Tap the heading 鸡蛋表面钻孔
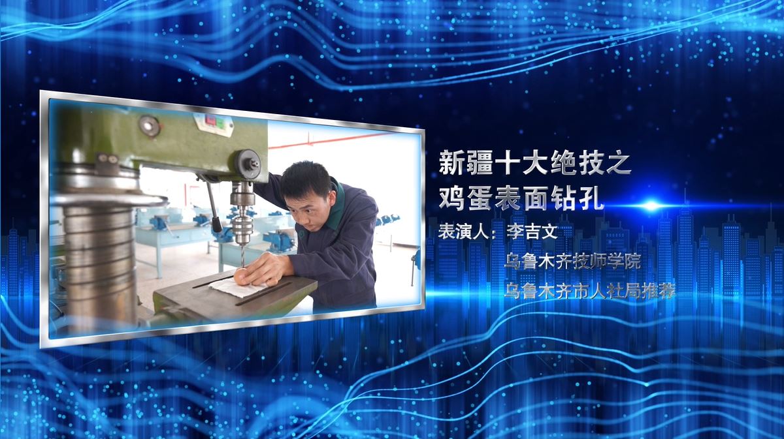tap(521, 198)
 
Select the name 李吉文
tap(532, 232)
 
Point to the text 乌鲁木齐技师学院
tap(572, 262)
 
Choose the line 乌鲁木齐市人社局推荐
tap(589, 291)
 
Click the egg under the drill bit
tap(240, 276)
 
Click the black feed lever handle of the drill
tap(216, 224)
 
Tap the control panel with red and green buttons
tap(214, 124)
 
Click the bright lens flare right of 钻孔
tap(651, 205)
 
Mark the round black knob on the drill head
tap(248, 164)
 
